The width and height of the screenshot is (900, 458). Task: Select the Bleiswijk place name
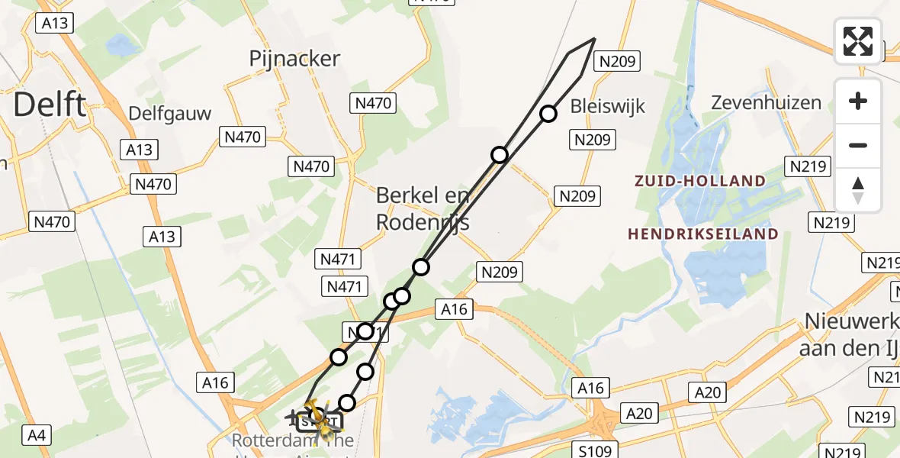click(608, 105)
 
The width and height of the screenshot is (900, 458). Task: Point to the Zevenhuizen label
click(766, 102)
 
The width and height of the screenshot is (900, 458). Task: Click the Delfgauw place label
click(169, 114)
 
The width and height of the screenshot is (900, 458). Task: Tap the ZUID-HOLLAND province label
click(698, 181)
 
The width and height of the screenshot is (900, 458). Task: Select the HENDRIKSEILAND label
click(702, 234)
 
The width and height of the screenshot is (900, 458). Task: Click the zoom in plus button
click(858, 101)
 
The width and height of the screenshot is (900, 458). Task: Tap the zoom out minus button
click(858, 145)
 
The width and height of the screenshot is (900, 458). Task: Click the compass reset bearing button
click(858, 189)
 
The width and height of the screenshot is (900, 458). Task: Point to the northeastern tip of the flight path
click(594, 39)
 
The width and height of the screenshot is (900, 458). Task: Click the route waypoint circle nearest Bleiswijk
click(548, 114)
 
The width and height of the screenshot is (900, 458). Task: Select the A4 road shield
click(36, 436)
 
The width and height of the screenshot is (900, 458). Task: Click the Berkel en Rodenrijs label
click(423, 208)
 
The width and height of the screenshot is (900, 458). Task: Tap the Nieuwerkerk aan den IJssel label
click(852, 334)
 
